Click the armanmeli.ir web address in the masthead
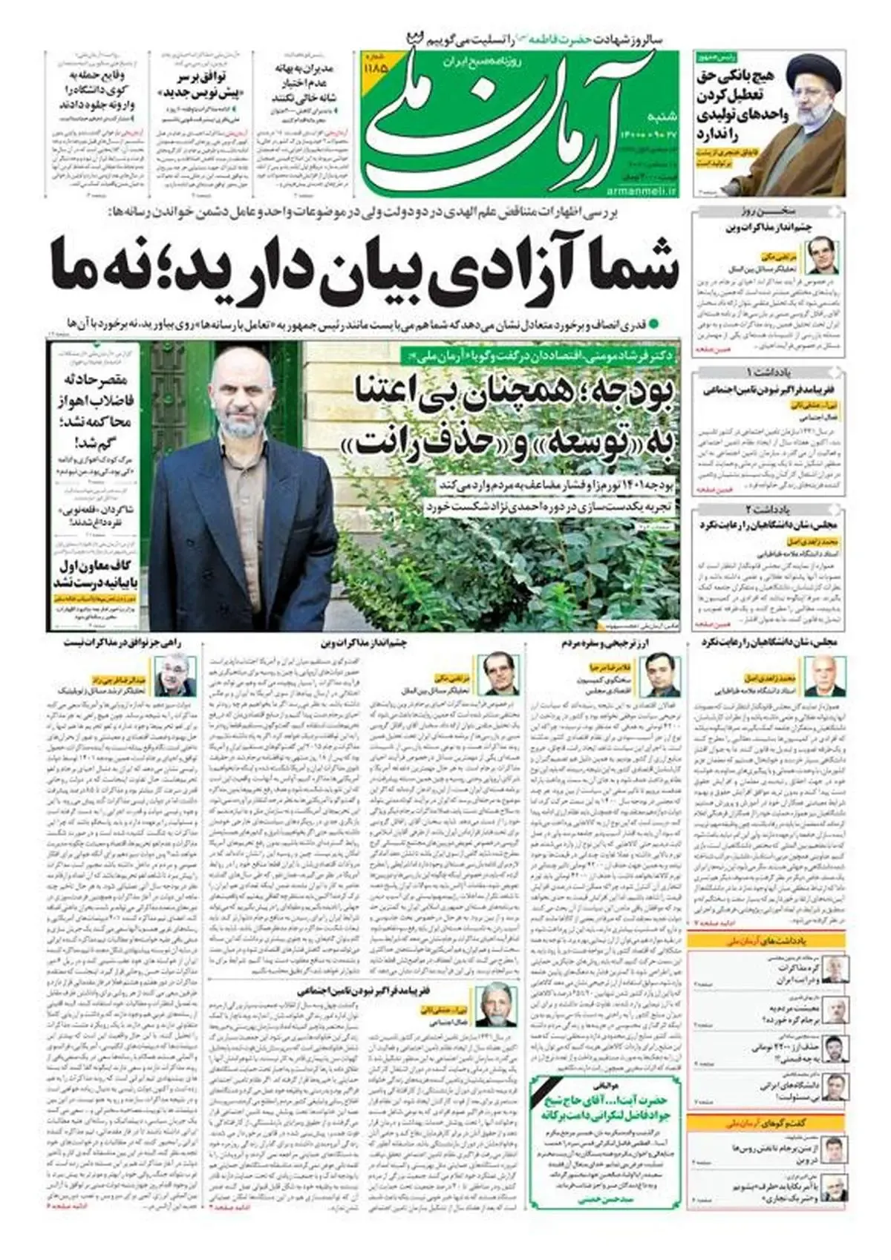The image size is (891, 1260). pos(646,193)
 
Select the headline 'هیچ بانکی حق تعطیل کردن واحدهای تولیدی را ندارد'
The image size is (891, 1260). pos(734,105)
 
